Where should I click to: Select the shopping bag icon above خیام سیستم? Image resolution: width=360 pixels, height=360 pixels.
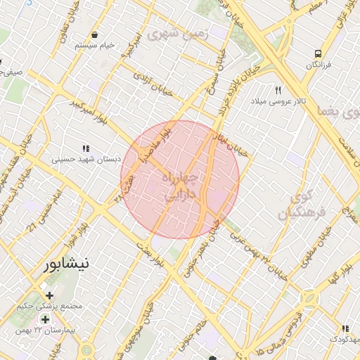(x=94, y=34)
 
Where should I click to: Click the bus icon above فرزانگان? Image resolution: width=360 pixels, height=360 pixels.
(x=319, y=53)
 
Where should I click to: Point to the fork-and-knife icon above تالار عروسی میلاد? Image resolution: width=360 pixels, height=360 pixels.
(x=278, y=91)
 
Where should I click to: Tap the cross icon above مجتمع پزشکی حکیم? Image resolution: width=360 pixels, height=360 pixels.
(x=49, y=295)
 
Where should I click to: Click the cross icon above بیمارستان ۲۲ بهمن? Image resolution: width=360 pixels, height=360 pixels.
(x=45, y=319)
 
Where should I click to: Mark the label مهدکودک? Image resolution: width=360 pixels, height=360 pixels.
(x=344, y=340)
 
